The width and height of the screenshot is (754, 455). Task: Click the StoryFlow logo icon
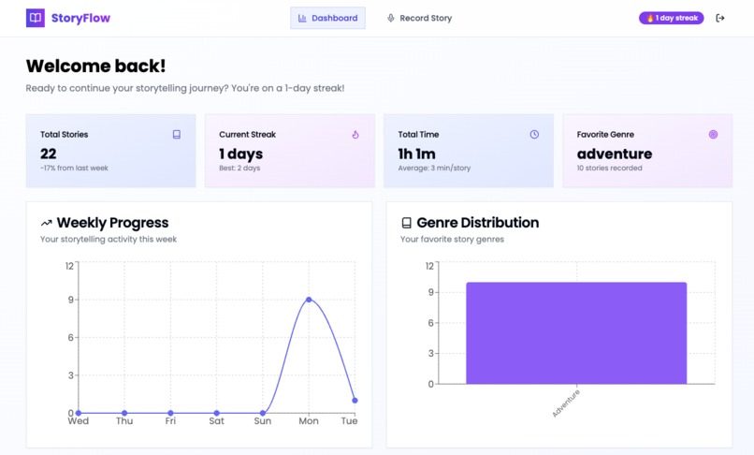point(35,18)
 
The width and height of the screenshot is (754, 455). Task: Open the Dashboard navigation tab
point(327,18)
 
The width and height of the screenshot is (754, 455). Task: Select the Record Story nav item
point(419,18)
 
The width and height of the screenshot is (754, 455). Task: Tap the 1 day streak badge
point(671,18)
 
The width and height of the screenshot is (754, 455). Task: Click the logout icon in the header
point(720,18)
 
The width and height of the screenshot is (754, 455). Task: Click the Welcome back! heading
point(95,66)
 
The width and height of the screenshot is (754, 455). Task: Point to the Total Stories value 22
point(49,154)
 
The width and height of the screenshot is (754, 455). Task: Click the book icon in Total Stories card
point(176,135)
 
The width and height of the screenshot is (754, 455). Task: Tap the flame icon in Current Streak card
point(355,135)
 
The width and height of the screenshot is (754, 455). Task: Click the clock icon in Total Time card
point(534,135)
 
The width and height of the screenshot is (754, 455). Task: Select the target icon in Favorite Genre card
point(713,135)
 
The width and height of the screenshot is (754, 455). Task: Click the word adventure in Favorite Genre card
point(615,154)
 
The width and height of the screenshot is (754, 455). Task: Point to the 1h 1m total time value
point(416,154)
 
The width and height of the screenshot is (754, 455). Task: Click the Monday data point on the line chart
point(309,300)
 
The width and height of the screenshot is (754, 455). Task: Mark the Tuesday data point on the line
point(355,401)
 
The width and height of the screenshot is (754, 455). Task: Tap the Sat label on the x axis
point(216,421)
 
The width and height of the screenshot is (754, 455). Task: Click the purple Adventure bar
point(576,332)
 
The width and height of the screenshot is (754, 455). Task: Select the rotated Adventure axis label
point(566,403)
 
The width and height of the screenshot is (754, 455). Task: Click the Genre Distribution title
point(477,223)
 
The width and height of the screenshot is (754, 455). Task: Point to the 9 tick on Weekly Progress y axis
point(69,300)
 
